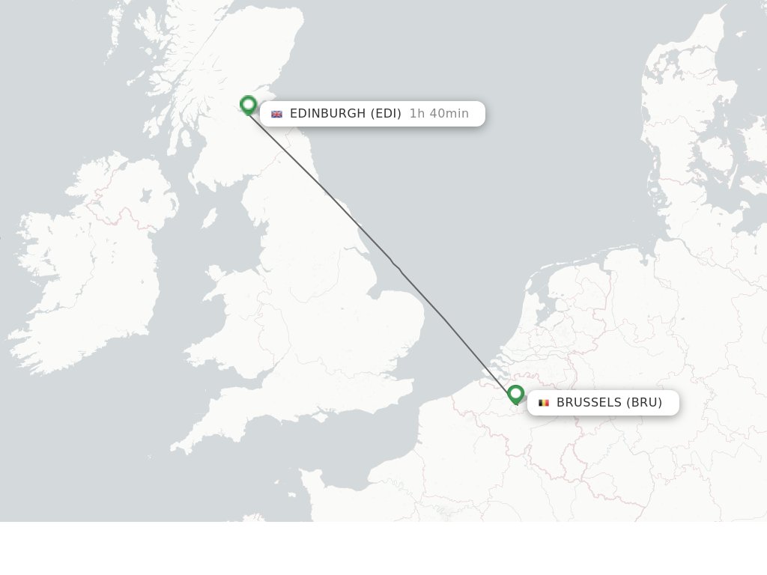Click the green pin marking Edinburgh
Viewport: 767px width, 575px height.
click(x=248, y=104)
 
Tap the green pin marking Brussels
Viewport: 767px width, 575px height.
click(x=515, y=394)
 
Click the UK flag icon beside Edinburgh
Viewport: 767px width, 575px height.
click(x=276, y=114)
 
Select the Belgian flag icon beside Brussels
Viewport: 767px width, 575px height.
click(x=544, y=403)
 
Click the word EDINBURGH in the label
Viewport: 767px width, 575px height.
click(x=327, y=114)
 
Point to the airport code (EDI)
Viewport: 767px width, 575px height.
click(x=386, y=114)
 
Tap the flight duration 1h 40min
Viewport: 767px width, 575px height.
click(x=439, y=114)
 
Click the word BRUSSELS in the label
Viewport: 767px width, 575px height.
click(x=589, y=403)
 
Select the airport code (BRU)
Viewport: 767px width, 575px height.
click(x=645, y=403)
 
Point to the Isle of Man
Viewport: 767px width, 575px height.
click(x=210, y=218)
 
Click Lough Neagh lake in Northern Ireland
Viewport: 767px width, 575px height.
click(x=145, y=197)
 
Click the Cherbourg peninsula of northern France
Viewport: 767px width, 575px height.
click(x=309, y=479)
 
